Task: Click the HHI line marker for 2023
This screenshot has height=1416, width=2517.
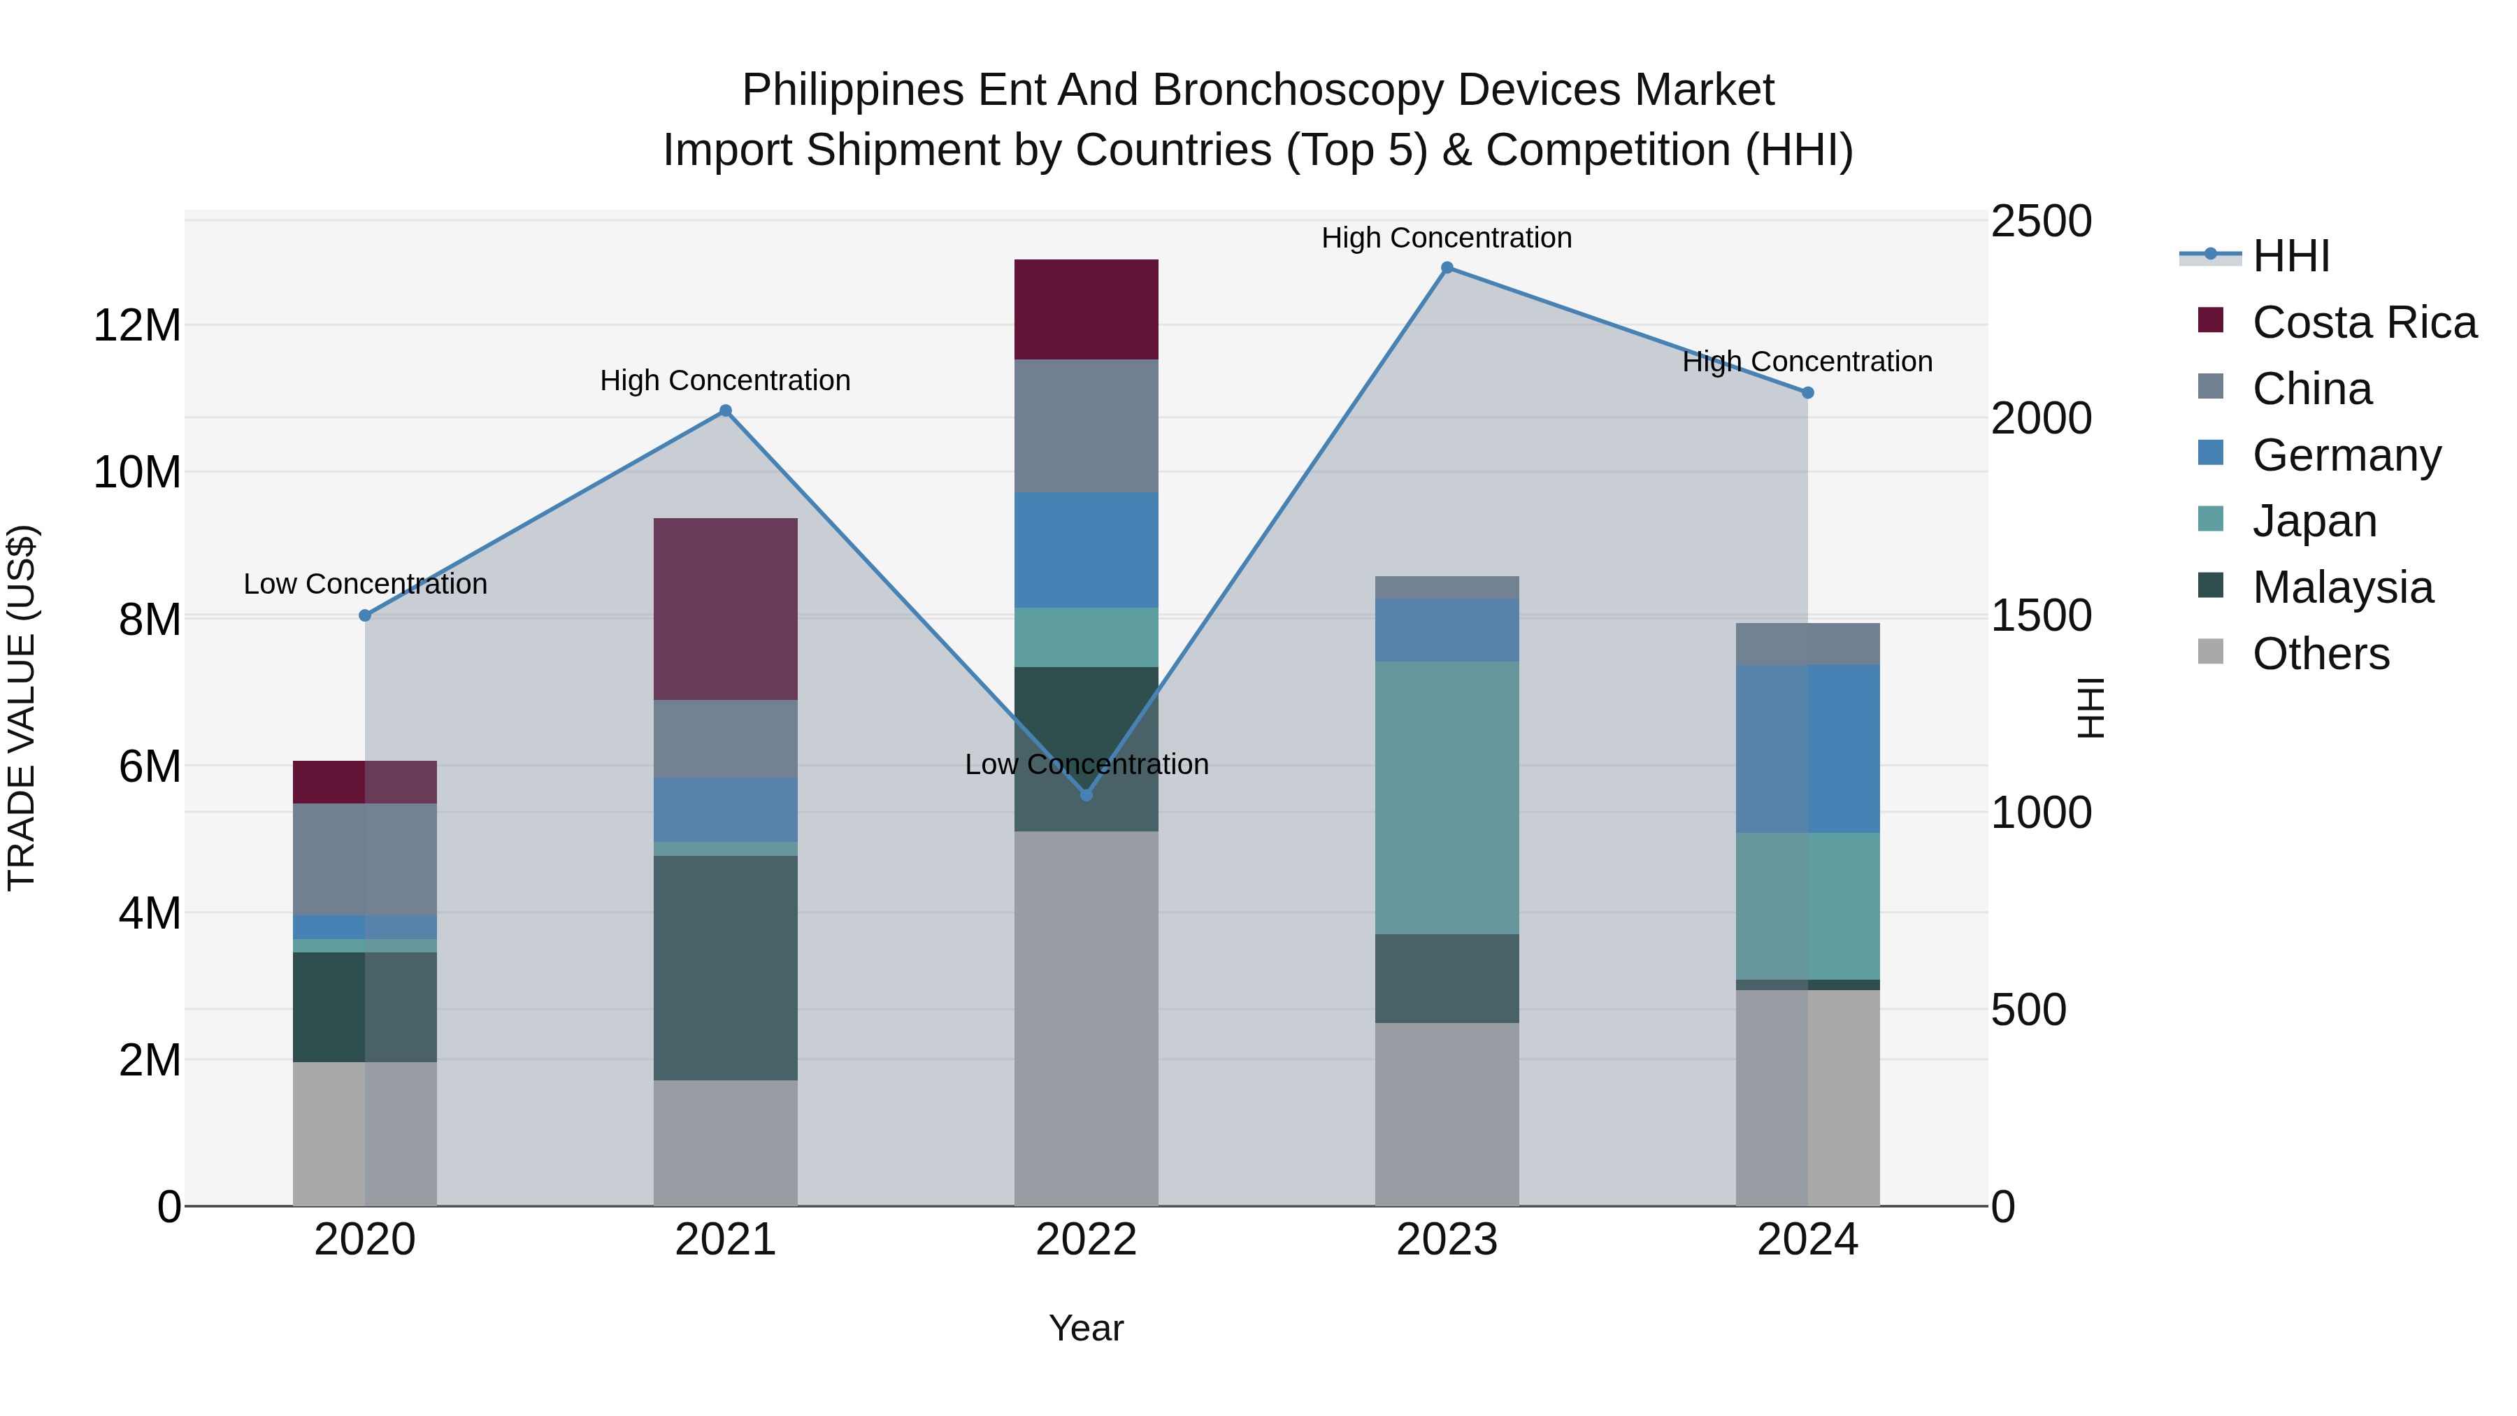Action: tap(1447, 268)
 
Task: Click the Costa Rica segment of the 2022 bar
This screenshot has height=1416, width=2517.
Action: tap(1086, 310)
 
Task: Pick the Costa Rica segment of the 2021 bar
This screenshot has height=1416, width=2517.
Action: tap(725, 609)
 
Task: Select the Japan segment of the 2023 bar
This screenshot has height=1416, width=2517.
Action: tap(1447, 797)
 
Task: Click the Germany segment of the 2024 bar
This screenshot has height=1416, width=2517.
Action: tap(1807, 748)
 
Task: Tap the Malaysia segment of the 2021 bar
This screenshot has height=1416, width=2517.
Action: tap(725, 968)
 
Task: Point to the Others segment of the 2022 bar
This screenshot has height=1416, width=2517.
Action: tap(1086, 1018)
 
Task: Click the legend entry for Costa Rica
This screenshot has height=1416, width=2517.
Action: tap(2364, 322)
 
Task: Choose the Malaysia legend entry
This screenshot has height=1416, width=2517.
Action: tap(2342, 587)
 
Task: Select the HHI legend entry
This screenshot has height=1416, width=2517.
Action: tap(2290, 256)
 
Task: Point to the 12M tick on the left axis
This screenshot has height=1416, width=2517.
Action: tap(137, 325)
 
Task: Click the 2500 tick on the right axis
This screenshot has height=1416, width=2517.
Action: tap(2041, 222)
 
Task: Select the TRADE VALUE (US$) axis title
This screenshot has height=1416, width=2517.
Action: tap(22, 708)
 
